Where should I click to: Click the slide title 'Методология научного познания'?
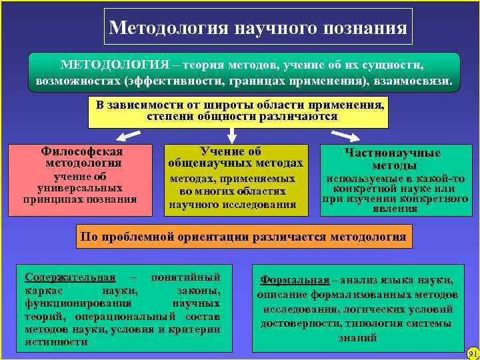pyautogui.click(x=258, y=28)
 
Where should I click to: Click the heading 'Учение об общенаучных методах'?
pyautogui.click(x=236, y=157)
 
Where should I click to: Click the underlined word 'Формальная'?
pyautogui.click(x=295, y=280)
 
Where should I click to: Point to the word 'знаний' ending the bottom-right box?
pyautogui.click(x=357, y=338)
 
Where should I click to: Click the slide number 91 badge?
pyautogui.click(x=473, y=352)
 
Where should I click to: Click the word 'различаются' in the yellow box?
pyautogui.click(x=299, y=117)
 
